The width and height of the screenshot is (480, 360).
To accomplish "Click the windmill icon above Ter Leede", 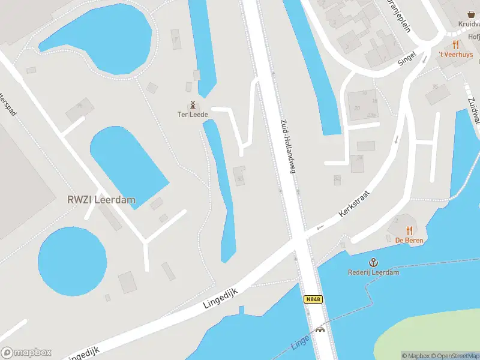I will tap(193, 104).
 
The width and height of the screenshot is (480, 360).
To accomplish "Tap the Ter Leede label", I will tap(193, 114).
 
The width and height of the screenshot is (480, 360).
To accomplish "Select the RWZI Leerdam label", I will tap(101, 200).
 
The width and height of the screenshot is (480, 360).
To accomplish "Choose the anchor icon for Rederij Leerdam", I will tap(373, 262).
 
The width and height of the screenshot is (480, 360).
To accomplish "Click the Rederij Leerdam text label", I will tap(373, 272).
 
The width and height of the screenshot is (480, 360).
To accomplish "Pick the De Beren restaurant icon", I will tap(410, 230).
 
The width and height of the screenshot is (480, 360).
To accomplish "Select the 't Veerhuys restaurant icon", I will tap(456, 44).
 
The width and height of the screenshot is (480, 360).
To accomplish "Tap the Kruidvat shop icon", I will tap(471, 14).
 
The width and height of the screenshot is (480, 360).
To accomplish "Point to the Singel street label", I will tap(406, 59).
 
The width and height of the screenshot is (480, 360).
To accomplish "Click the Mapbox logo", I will tap(26, 353).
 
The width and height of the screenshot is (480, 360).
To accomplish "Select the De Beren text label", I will tap(409, 241).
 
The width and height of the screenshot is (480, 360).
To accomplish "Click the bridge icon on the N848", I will tap(320, 329).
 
